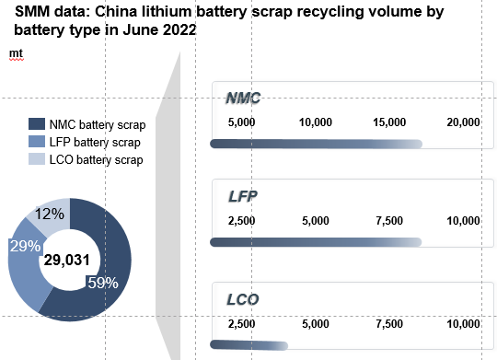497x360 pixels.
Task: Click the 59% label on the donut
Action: [103, 283]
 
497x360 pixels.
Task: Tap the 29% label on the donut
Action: [26, 246]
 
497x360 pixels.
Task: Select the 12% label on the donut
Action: [50, 214]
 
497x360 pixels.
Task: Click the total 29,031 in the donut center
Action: [67, 260]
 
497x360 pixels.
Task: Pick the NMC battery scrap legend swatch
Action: [37, 123]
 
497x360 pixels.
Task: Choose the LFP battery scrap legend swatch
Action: [37, 142]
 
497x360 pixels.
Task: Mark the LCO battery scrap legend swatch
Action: [37, 159]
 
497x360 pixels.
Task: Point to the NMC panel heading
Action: [243, 98]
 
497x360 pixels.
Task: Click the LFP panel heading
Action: [243, 196]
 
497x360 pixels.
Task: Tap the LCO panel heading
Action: [243, 299]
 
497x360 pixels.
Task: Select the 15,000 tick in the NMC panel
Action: [389, 122]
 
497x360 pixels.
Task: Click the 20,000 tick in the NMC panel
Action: [463, 122]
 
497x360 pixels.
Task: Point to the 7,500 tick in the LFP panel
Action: [389, 220]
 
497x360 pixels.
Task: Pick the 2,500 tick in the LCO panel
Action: [241, 324]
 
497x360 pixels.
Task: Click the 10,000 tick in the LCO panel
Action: [463, 324]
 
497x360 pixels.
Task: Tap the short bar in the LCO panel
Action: [248, 345]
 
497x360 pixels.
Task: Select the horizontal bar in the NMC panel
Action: [316, 144]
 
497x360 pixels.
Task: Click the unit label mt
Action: [16, 53]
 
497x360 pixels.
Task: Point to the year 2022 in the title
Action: [179, 29]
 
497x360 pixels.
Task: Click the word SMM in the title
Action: [32, 11]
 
